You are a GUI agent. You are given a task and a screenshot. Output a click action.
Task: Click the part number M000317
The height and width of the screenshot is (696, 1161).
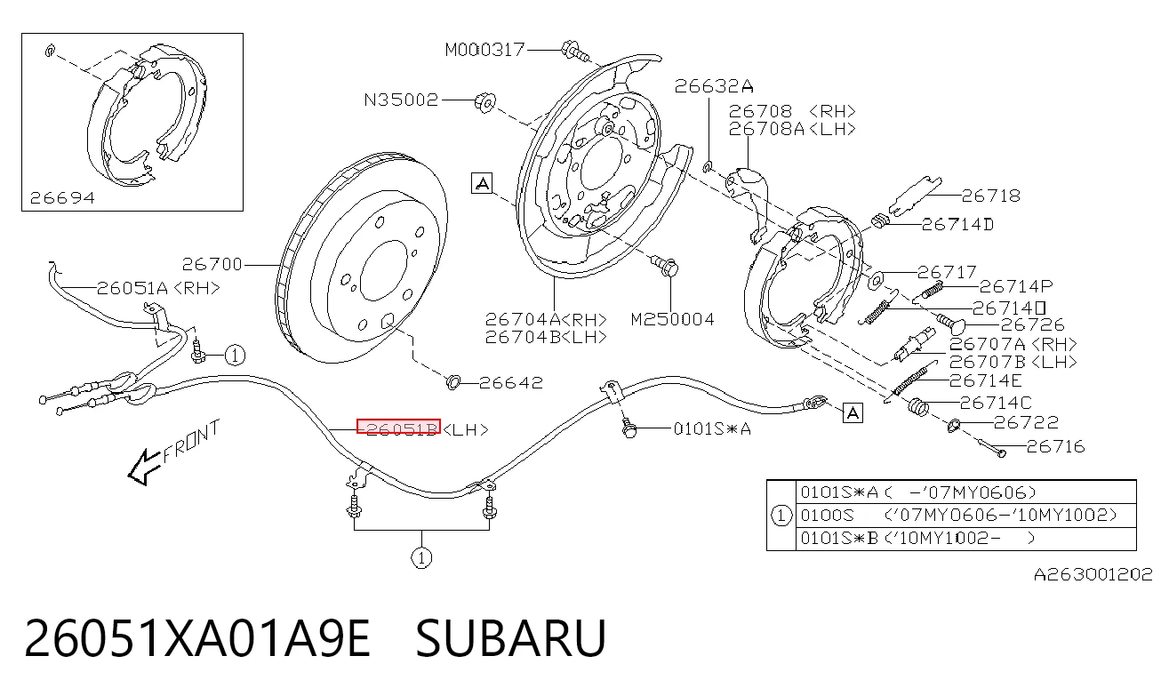click(x=484, y=50)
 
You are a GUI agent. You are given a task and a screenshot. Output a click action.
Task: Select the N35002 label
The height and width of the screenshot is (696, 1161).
click(x=401, y=100)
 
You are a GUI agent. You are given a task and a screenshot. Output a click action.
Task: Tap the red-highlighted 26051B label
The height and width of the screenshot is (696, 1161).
click(x=398, y=427)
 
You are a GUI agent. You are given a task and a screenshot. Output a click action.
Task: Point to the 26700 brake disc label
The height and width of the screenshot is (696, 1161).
click(x=212, y=265)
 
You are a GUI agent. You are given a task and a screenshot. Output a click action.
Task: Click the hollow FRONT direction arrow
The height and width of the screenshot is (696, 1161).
click(x=144, y=467)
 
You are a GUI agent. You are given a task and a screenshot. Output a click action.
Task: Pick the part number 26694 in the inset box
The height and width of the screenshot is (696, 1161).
click(x=63, y=197)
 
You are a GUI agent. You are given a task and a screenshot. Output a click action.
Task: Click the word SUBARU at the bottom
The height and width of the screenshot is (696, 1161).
click(x=511, y=638)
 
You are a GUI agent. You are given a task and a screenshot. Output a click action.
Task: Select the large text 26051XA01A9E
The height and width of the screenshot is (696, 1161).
click(x=197, y=638)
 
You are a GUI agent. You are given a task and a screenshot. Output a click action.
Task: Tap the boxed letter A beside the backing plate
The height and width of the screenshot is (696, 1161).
click(x=482, y=183)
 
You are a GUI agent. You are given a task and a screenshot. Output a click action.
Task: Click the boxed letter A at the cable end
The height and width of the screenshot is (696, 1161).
click(x=853, y=413)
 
